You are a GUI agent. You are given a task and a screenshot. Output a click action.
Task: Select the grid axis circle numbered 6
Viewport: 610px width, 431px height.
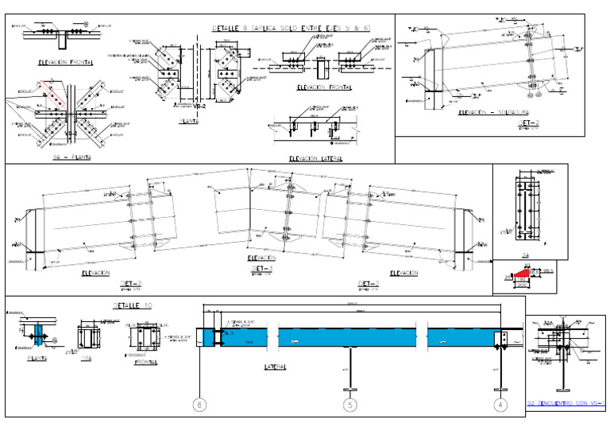click(199, 406)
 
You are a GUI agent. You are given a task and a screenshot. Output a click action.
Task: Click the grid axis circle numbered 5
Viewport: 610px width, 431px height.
click(349, 406)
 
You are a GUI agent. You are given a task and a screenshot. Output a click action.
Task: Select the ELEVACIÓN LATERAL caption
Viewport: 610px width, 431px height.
click(316, 158)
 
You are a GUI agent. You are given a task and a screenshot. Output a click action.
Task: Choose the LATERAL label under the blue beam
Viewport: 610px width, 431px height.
click(276, 367)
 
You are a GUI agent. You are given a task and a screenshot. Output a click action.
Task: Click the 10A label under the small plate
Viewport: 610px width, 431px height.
click(87, 358)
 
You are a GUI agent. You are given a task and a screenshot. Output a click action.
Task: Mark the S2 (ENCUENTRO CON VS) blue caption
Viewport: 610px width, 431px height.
click(566, 404)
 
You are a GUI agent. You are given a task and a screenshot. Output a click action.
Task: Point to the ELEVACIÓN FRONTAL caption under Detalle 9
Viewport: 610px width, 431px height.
click(325, 87)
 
